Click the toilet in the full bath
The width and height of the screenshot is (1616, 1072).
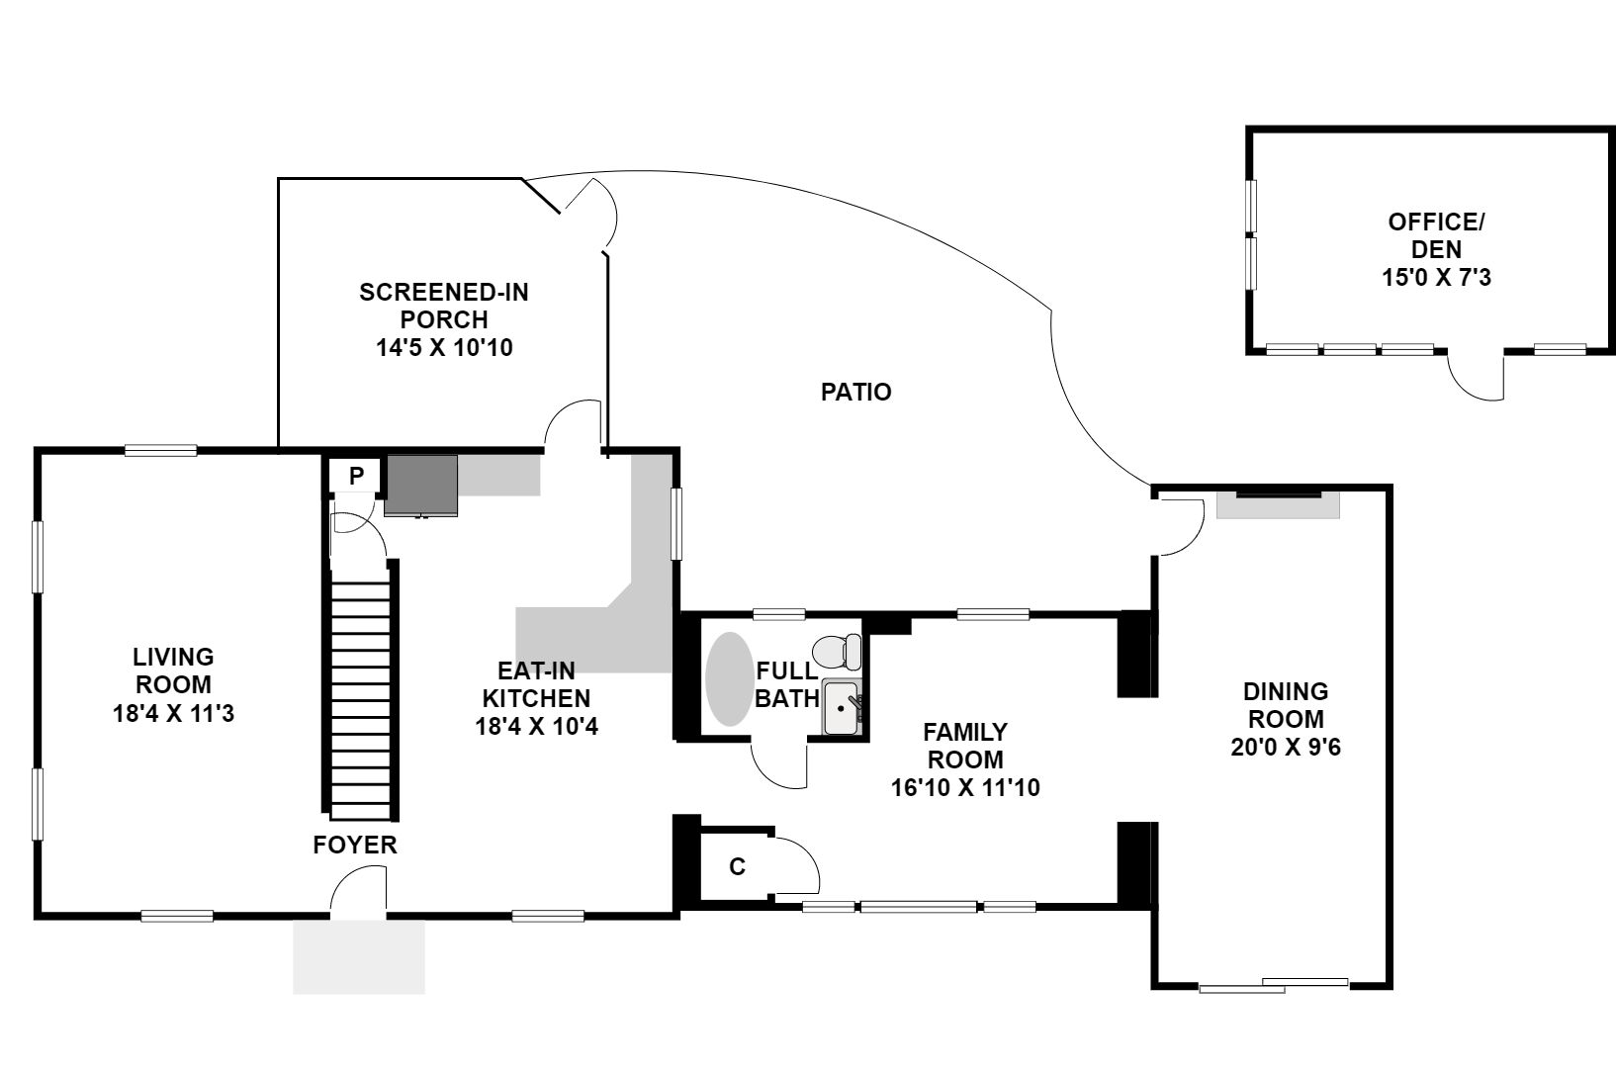(837, 652)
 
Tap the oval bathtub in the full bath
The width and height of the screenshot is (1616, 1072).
(729, 678)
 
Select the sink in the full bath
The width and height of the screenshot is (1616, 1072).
(842, 707)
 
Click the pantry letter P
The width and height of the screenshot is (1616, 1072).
(356, 476)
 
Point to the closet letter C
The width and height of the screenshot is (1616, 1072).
(737, 866)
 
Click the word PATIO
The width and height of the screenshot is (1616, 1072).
(856, 392)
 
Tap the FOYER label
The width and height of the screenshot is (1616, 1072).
(355, 845)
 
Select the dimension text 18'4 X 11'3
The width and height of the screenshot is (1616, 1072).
(173, 713)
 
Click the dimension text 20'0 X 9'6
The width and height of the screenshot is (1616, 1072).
(1286, 747)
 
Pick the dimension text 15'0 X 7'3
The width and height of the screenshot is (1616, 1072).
(1436, 277)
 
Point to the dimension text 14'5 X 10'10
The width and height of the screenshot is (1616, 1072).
(444, 348)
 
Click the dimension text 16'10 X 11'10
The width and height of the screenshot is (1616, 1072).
(965, 787)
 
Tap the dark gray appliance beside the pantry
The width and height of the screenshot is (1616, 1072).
(420, 485)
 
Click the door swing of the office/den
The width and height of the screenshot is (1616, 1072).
(1476, 376)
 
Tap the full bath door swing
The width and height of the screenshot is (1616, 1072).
(778, 764)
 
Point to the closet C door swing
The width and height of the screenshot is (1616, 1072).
(796, 865)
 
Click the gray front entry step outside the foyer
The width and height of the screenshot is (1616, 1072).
(359, 957)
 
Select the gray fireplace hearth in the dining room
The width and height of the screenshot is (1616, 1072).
(1278, 505)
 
